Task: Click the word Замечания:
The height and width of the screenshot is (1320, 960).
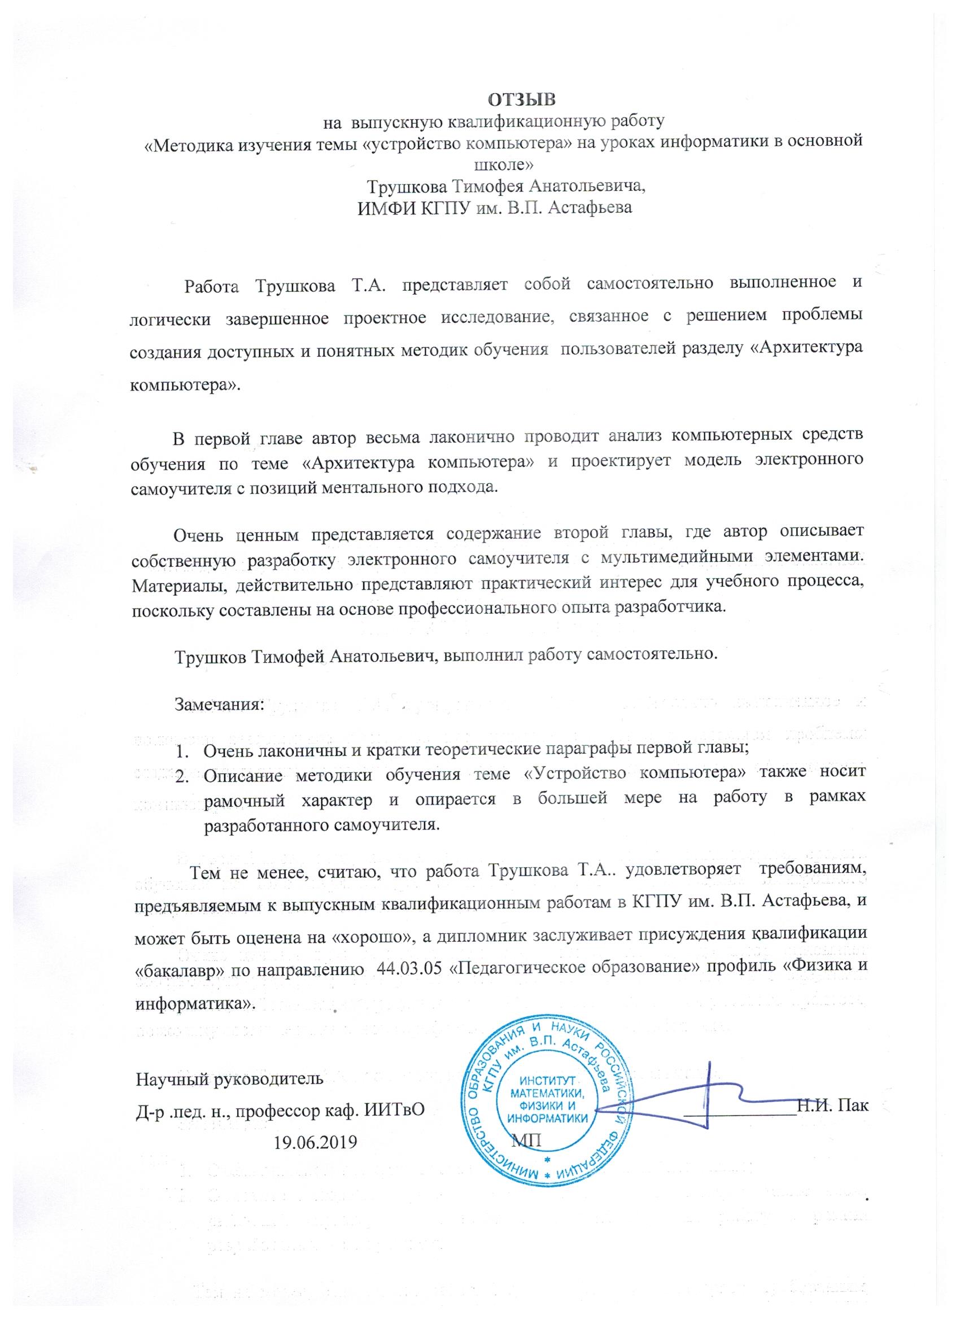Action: click(x=220, y=704)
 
